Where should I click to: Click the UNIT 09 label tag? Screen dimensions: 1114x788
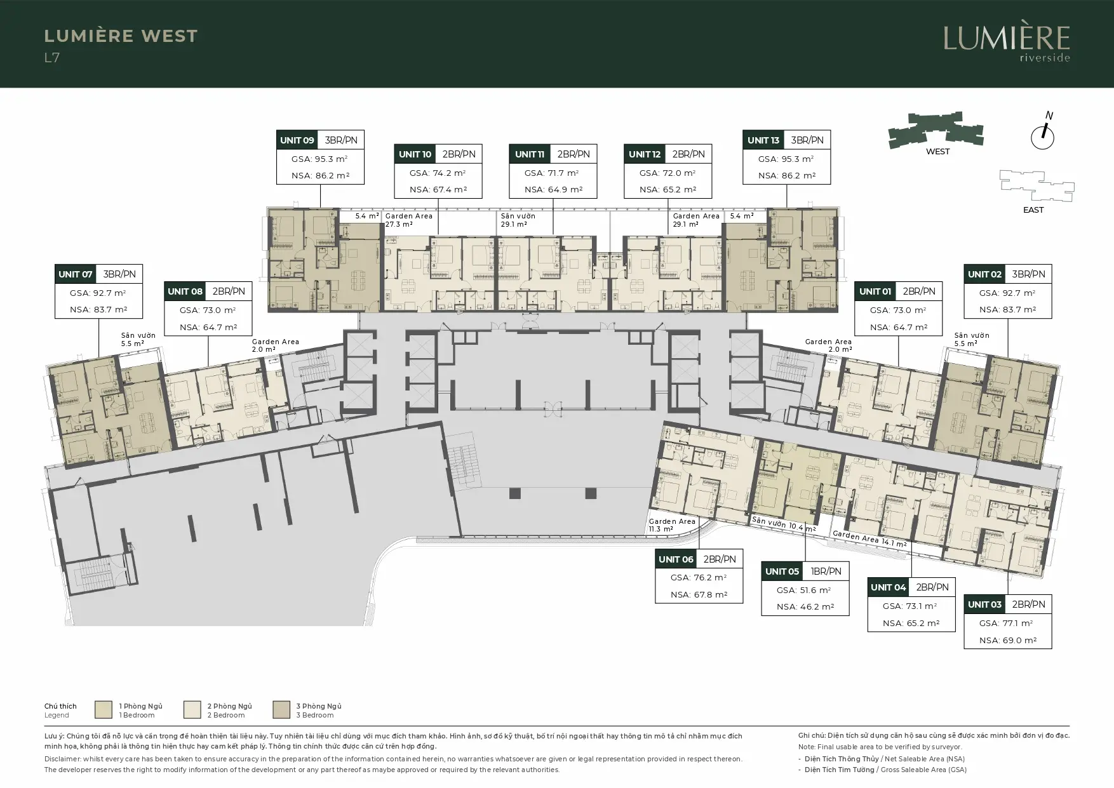tap(297, 140)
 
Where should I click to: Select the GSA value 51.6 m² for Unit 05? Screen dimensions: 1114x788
tap(805, 590)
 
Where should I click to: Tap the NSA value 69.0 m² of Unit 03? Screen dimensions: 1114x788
tap(1008, 640)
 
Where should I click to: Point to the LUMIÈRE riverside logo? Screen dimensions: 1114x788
tap(1006, 43)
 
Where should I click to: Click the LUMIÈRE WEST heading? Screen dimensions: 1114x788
tap(121, 36)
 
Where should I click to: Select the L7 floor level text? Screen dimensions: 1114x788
tap(52, 58)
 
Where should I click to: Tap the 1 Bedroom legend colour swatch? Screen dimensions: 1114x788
tap(104, 709)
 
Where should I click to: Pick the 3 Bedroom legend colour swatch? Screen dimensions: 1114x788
tap(281, 709)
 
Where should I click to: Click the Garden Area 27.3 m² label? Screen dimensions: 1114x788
tap(409, 220)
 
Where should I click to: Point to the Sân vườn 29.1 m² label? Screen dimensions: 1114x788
tap(518, 220)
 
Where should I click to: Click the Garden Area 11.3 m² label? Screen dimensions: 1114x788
tap(672, 525)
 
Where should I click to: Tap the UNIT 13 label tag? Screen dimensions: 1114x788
tap(763, 140)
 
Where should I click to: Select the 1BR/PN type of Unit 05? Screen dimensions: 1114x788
tap(826, 571)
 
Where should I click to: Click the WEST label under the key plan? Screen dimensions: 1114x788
tap(938, 152)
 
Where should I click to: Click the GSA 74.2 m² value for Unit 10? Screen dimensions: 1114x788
tap(438, 173)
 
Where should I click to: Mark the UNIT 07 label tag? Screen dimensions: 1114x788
tap(76, 274)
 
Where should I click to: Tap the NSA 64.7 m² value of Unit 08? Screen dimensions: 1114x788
tap(208, 327)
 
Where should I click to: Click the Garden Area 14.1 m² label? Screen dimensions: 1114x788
tap(869, 539)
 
